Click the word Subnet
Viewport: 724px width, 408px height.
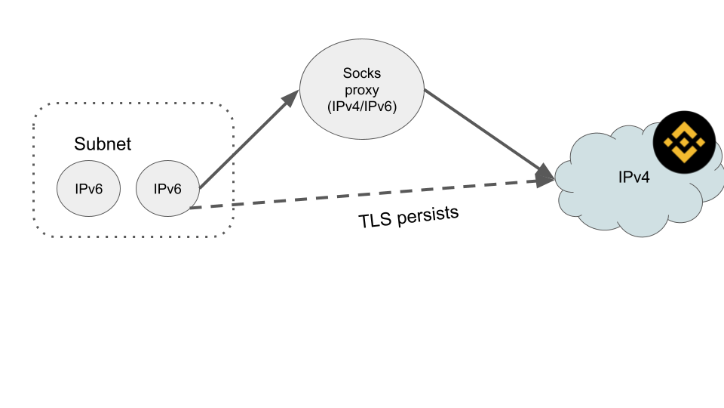pos(103,144)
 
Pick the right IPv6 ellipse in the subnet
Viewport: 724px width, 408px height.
pos(167,187)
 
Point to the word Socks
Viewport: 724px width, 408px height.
pos(362,73)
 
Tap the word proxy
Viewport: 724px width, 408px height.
pos(362,90)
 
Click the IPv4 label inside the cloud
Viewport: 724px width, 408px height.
pos(633,178)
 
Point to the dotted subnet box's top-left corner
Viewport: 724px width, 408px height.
pos(36,106)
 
